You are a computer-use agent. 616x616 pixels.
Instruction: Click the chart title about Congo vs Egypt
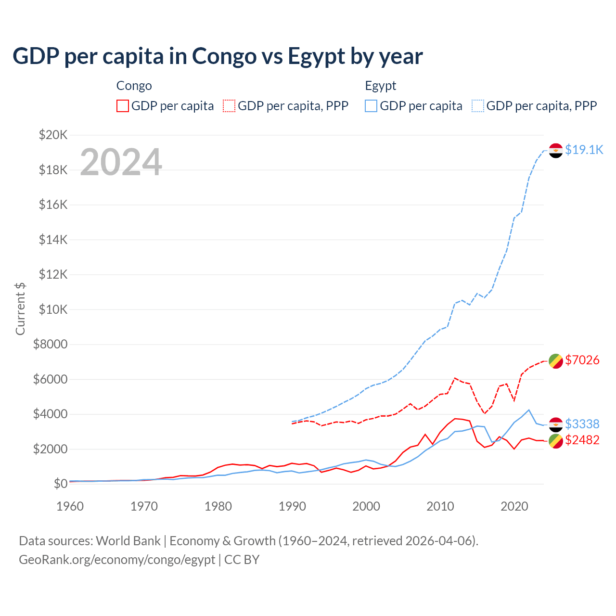218,56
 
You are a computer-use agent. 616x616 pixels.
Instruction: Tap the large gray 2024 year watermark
121,162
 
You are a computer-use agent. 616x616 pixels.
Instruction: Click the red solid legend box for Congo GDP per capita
123,106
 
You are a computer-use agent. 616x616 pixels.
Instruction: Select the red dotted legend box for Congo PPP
229,106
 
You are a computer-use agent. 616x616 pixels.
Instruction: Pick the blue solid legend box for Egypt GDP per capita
371,106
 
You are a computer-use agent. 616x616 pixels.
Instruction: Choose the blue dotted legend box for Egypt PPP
478,106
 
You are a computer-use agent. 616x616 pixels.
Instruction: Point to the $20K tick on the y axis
53,135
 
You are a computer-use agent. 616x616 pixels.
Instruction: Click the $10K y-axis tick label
53,309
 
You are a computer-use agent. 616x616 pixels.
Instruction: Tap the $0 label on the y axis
60,484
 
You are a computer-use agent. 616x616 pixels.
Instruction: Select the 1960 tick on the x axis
70,506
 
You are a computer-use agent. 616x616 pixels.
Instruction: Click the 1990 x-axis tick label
292,506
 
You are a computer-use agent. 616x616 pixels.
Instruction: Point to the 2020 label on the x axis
514,506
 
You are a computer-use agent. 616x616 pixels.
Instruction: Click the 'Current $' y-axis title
20,308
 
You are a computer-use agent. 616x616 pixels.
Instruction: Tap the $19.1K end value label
584,150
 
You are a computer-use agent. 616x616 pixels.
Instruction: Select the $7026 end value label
582,360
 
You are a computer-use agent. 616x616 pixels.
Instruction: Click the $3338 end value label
582,424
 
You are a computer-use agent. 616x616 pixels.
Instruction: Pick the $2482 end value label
582,440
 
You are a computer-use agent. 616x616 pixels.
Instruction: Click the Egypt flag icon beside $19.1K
556,151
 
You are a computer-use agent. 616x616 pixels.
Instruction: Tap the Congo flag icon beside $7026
556,360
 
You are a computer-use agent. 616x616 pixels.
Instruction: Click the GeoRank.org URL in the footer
117,560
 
